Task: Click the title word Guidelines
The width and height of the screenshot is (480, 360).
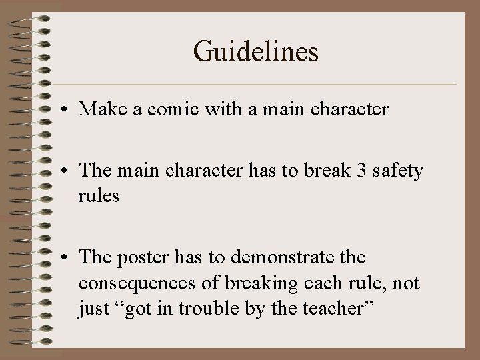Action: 256,51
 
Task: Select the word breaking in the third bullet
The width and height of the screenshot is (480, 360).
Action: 257,283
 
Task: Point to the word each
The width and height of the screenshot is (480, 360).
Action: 316,283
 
